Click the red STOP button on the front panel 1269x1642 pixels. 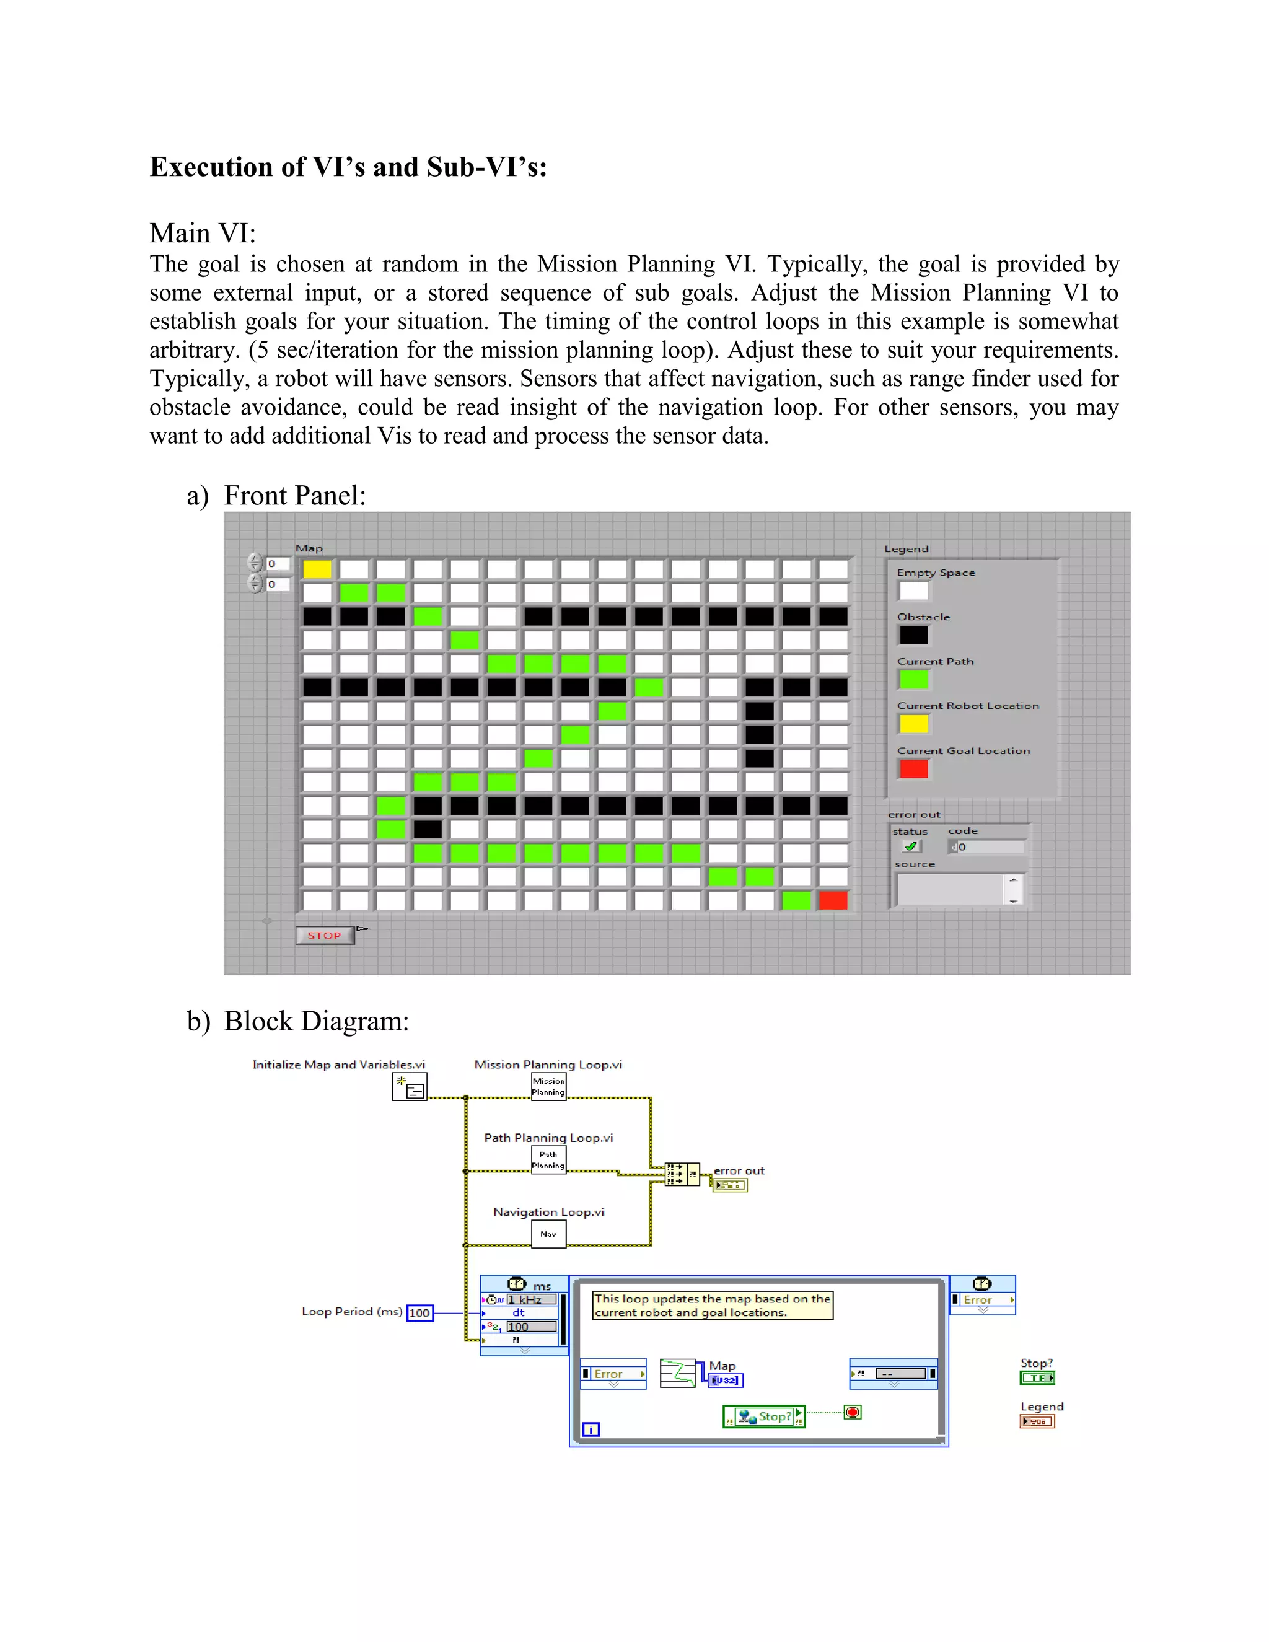[324, 935]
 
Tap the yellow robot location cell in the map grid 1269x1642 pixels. [317, 569]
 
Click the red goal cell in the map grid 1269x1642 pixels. [833, 900]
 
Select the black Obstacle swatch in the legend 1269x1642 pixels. [913, 634]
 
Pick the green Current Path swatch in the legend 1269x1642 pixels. [913, 679]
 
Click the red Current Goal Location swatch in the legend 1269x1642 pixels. [913, 768]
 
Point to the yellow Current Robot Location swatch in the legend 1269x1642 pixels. [913, 723]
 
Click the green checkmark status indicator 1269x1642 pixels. [910, 846]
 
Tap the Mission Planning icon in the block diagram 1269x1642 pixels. [548, 1086]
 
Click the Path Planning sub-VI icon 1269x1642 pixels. [548, 1159]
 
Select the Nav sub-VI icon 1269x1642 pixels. [548, 1234]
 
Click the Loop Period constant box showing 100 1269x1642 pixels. [419, 1313]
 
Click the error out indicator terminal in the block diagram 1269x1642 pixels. [729, 1185]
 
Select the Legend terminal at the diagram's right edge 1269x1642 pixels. [1037, 1421]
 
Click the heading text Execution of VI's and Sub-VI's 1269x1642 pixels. [348, 167]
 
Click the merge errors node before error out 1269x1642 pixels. [681, 1174]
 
